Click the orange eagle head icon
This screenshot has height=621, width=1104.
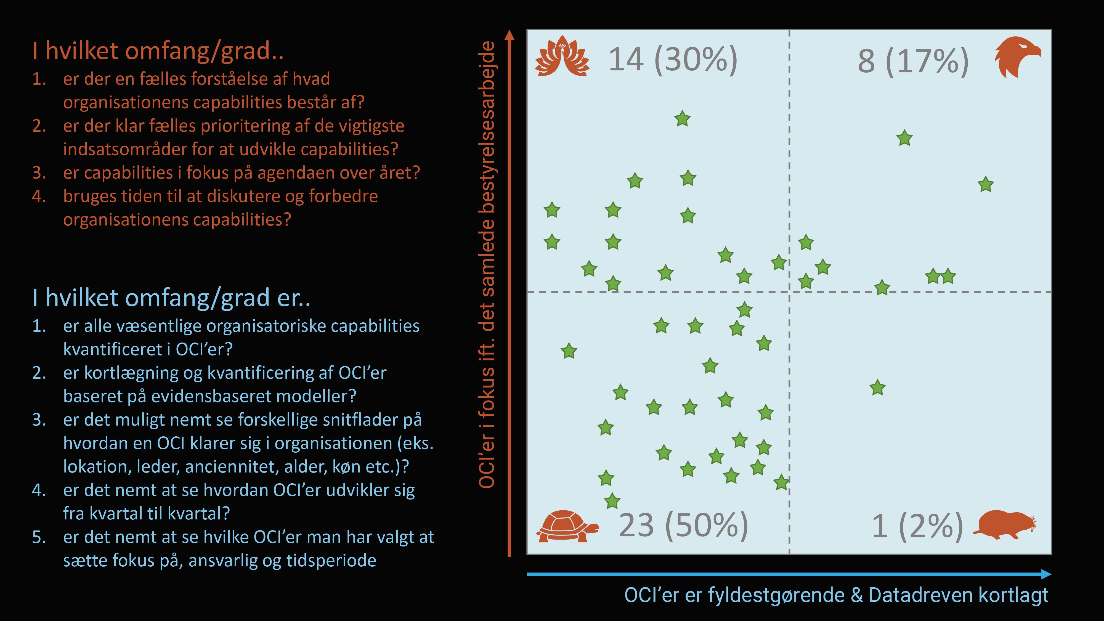(1017, 57)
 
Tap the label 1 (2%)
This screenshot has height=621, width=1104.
(917, 526)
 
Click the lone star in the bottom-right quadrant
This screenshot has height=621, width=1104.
(877, 388)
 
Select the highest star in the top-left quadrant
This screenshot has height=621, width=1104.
(682, 119)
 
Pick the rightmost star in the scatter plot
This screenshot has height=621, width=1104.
(985, 185)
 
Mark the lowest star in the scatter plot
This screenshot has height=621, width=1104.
(612, 501)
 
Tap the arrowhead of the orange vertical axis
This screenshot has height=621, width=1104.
(509, 35)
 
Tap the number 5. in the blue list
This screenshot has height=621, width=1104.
(39, 537)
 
